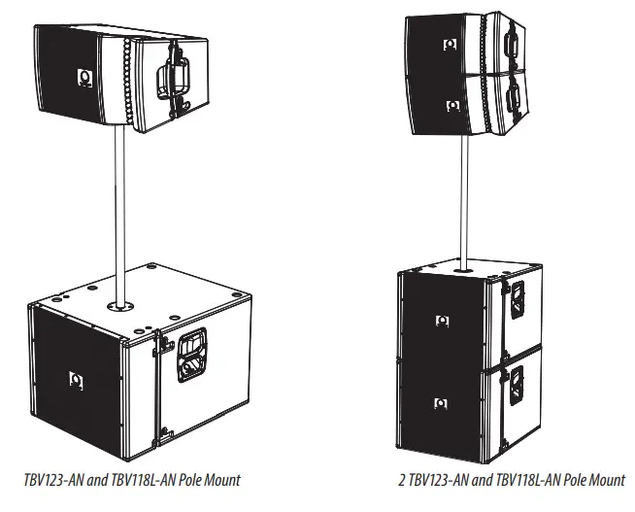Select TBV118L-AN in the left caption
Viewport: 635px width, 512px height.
[x=138, y=480]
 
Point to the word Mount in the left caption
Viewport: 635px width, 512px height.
[x=220, y=480]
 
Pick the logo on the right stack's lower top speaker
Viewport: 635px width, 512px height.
[x=451, y=106]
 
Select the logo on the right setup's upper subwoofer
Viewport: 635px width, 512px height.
[x=442, y=320]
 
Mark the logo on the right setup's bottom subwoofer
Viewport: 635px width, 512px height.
[x=442, y=401]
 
